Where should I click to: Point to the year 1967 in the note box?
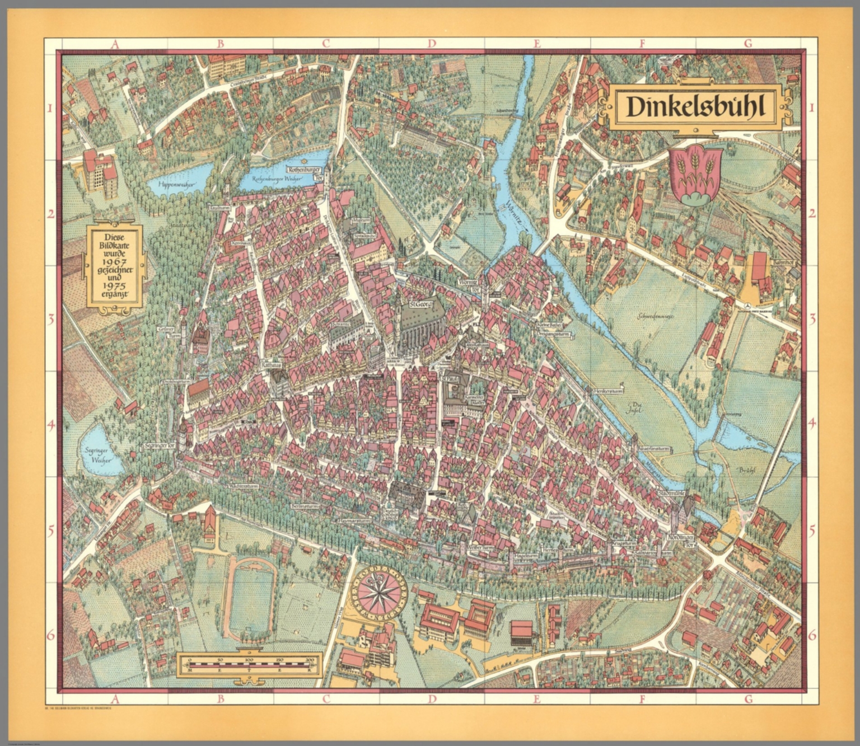click(x=114, y=262)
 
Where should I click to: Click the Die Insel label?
click(x=635, y=408)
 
